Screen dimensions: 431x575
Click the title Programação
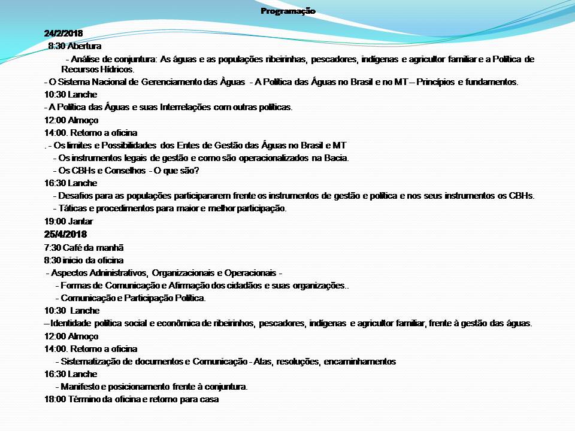coord(287,11)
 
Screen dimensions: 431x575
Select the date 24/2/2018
coord(63,33)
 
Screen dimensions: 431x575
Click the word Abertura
coord(84,45)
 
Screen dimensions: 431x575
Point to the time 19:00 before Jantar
coord(55,221)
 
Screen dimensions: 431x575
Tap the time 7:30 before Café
coord(53,247)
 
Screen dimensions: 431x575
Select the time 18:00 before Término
coord(55,399)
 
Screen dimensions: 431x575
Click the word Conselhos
coord(122,171)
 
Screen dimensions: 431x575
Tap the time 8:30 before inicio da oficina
coord(53,260)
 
